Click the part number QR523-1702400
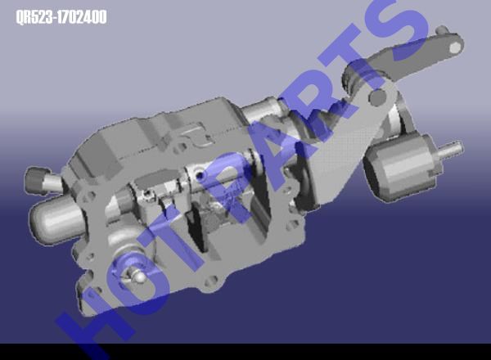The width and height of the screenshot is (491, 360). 61,17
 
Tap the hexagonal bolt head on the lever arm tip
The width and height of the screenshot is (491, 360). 455,47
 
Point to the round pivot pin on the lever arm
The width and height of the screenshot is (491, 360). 378,97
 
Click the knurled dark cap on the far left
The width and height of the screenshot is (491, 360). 36,181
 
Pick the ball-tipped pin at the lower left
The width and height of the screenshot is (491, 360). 137,276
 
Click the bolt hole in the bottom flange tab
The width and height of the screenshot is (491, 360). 211,280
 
